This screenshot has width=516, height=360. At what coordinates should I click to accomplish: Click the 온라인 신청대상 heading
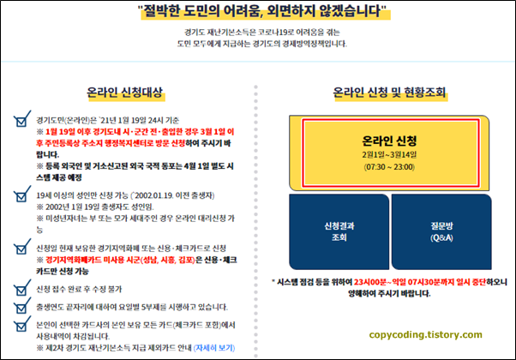click(124, 91)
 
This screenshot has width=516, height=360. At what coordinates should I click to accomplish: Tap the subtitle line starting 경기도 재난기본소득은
click(257, 33)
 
